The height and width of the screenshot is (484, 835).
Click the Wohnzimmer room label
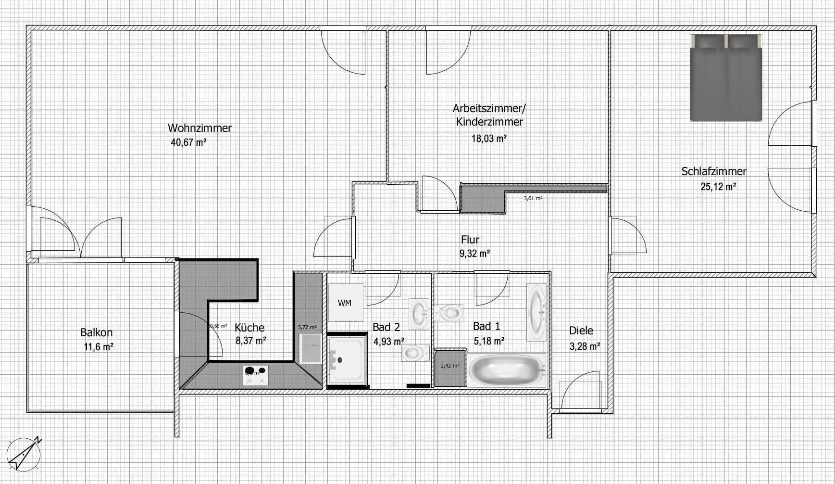(199, 128)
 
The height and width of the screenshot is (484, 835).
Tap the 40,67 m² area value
(188, 142)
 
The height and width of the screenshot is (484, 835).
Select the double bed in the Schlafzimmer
(726, 78)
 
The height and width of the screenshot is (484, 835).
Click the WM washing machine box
(345, 303)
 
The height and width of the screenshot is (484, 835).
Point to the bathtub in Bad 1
(507, 369)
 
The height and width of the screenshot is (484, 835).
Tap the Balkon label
(96, 332)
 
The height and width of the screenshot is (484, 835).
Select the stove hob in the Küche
(255, 375)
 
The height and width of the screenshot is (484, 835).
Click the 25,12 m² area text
(718, 187)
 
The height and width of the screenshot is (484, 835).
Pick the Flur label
(470, 239)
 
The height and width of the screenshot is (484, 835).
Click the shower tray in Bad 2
(346, 360)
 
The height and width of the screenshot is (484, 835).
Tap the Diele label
(581, 331)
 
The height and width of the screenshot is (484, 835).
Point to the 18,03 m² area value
(489, 139)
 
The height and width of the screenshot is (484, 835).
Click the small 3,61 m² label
(533, 198)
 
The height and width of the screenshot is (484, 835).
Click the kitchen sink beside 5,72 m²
(311, 349)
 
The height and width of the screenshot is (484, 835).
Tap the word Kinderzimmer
(489, 122)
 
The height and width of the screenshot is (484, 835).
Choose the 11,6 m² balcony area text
(99, 346)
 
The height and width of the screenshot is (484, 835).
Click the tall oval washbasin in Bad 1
(537, 312)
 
